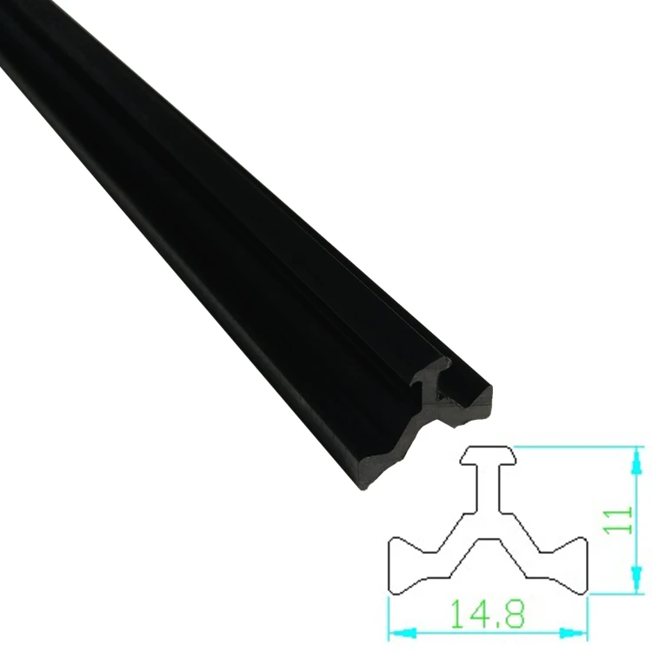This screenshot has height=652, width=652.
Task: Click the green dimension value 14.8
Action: click(488, 615)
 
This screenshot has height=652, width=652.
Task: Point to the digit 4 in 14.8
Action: click(476, 615)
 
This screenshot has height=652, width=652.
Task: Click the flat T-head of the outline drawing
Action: click(488, 455)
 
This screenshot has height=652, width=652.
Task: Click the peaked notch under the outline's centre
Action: click(488, 552)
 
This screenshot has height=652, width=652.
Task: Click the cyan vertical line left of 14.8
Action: click(388, 617)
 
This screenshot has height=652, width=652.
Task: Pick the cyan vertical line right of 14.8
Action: click(589, 617)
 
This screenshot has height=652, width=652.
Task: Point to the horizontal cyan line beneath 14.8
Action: click(488, 632)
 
